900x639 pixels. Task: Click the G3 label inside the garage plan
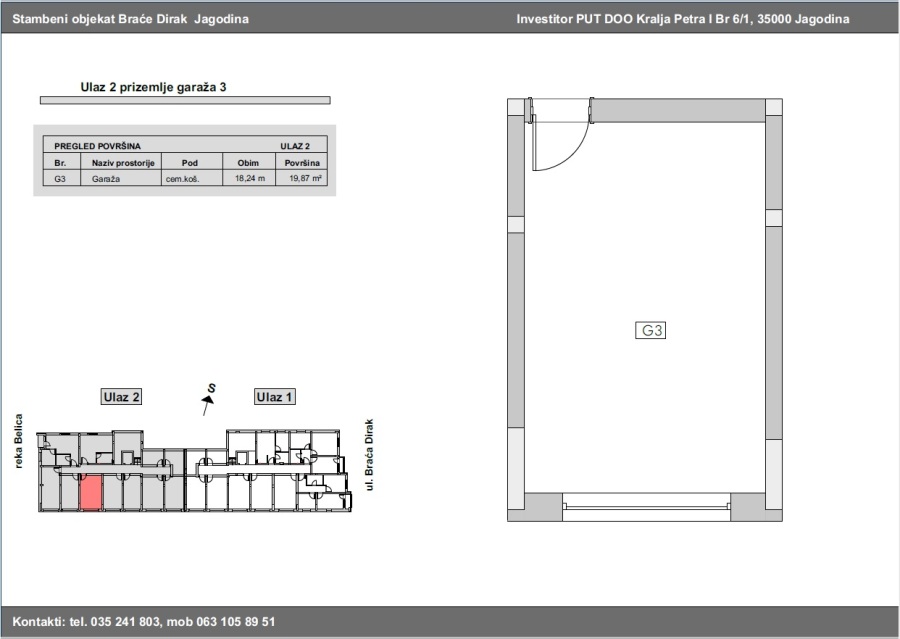650,330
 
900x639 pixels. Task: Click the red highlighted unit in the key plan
90,493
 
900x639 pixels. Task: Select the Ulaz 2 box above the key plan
121,397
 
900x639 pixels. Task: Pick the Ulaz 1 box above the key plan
274,397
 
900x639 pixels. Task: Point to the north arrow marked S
208,398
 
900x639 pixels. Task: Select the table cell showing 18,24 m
250,179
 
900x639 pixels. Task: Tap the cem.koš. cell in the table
183,179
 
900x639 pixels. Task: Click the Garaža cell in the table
106,179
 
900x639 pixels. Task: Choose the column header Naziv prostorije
123,163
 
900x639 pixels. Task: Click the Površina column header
302,163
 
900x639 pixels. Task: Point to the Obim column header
248,163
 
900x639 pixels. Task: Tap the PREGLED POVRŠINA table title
97,146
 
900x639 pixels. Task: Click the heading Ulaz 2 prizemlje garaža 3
153,87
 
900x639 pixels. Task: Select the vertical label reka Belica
19,441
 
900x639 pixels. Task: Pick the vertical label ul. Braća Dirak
369,455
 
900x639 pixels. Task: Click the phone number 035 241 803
125,622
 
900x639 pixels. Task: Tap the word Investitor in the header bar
541,19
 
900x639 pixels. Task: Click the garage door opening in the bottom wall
646,508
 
